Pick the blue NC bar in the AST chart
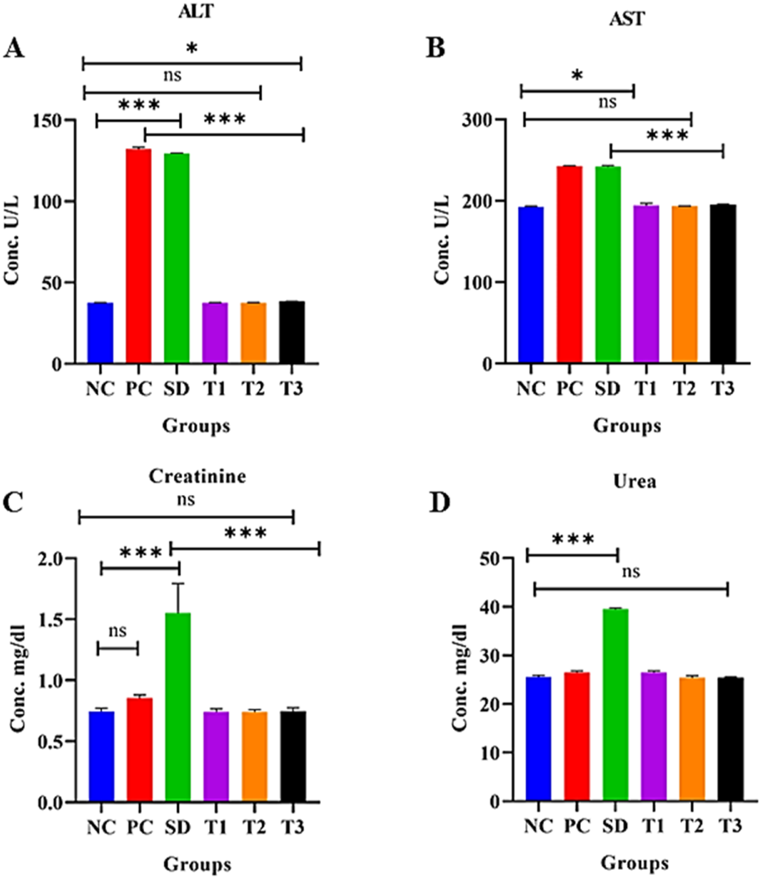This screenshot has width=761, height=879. [530, 284]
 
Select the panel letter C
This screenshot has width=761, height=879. [13, 502]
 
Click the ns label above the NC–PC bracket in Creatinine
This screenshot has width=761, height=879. [117, 630]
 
